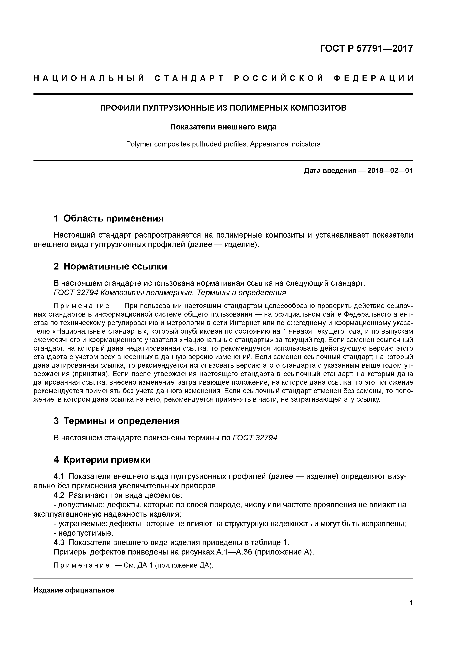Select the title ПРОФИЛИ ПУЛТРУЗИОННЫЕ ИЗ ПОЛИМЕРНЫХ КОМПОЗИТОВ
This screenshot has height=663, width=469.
click(223, 108)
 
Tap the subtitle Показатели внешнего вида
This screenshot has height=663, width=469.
click(223, 127)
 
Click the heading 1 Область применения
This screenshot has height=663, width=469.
click(109, 218)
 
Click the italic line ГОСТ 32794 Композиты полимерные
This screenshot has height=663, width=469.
click(170, 293)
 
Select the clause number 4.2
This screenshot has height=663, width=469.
click(59, 496)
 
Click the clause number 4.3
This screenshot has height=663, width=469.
click(59, 543)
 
